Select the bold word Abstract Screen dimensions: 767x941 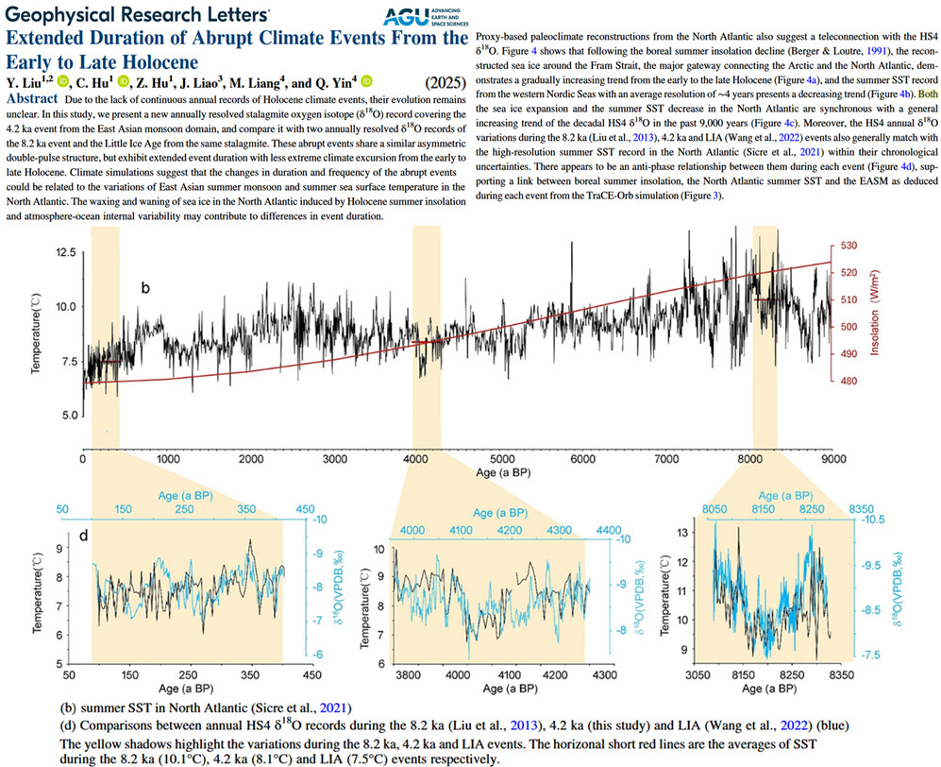(x=37, y=99)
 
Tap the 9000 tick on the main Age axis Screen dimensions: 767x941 (x=832, y=460)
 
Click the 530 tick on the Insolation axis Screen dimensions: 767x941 (x=855, y=246)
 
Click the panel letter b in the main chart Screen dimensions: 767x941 (x=146, y=286)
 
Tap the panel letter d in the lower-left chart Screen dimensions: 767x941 (x=83, y=537)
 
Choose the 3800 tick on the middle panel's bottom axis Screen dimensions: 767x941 (x=408, y=675)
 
